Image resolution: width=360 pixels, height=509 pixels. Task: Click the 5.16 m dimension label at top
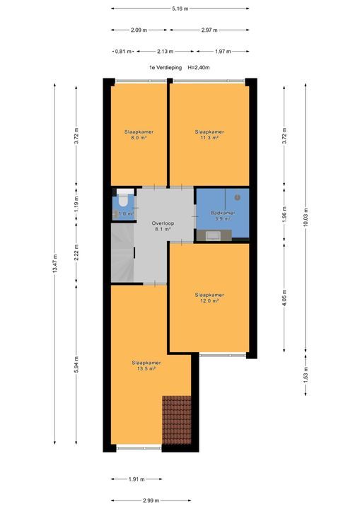[180, 8]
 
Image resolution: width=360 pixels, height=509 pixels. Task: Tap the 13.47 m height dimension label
[55, 267]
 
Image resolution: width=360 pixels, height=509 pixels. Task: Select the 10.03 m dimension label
[306, 211]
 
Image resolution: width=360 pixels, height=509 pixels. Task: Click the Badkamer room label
[222, 213]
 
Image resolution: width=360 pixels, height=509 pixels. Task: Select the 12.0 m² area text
[209, 300]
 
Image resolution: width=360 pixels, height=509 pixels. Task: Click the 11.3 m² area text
[209, 139]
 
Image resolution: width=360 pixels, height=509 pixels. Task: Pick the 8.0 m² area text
[139, 139]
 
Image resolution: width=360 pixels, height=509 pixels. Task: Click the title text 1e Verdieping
[165, 67]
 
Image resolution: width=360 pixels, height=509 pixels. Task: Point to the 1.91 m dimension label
[134, 479]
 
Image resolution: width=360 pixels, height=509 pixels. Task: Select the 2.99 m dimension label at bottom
[150, 501]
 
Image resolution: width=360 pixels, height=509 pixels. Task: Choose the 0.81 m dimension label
[122, 51]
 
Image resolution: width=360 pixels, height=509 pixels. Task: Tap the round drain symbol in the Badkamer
[237, 197]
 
